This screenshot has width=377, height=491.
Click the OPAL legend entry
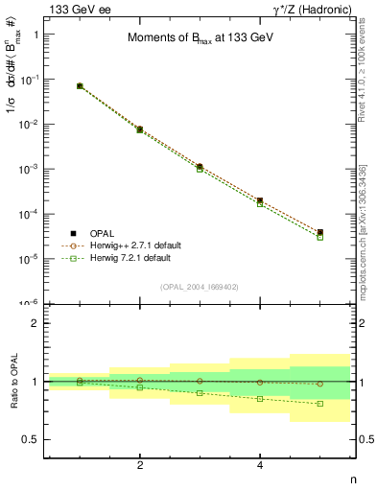101,233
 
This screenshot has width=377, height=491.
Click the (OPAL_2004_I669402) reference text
200,286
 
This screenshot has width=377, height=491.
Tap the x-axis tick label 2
140,465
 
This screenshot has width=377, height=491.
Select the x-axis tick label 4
260,465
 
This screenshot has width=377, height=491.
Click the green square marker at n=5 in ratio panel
319,404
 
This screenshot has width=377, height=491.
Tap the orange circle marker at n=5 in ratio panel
319,384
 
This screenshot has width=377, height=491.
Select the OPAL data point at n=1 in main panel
80,86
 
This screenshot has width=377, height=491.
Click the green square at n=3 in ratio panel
200,393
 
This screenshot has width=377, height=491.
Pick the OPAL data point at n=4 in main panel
260,200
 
